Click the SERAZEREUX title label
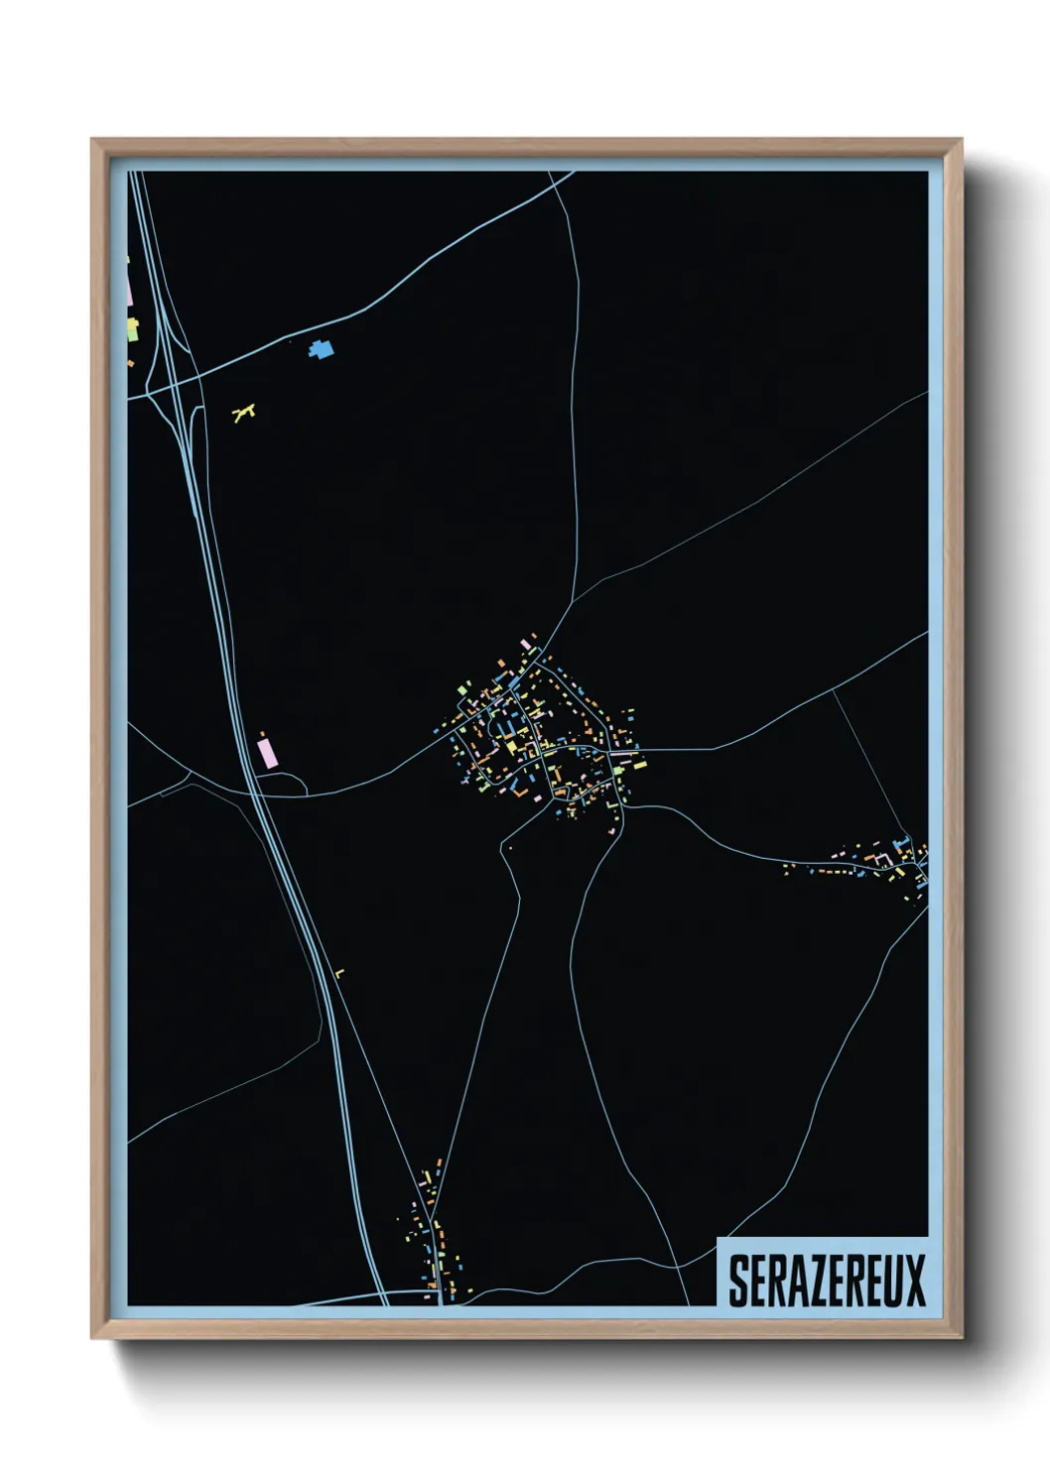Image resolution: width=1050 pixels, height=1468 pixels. click(x=826, y=1280)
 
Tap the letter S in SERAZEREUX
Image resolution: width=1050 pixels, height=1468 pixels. click(x=738, y=1281)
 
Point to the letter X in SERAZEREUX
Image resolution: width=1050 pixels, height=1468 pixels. click(x=914, y=1281)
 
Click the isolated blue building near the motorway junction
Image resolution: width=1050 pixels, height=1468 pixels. click(x=321, y=349)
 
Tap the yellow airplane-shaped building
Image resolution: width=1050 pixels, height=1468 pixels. click(x=243, y=412)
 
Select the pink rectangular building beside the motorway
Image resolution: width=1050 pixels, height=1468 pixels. click(x=265, y=750)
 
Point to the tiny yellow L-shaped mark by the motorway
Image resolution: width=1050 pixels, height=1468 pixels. click(x=339, y=974)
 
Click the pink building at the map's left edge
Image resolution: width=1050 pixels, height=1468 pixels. click(x=129, y=289)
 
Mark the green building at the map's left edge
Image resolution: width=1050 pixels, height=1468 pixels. click(x=132, y=329)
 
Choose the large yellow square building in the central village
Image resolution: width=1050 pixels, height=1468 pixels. click(x=511, y=746)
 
